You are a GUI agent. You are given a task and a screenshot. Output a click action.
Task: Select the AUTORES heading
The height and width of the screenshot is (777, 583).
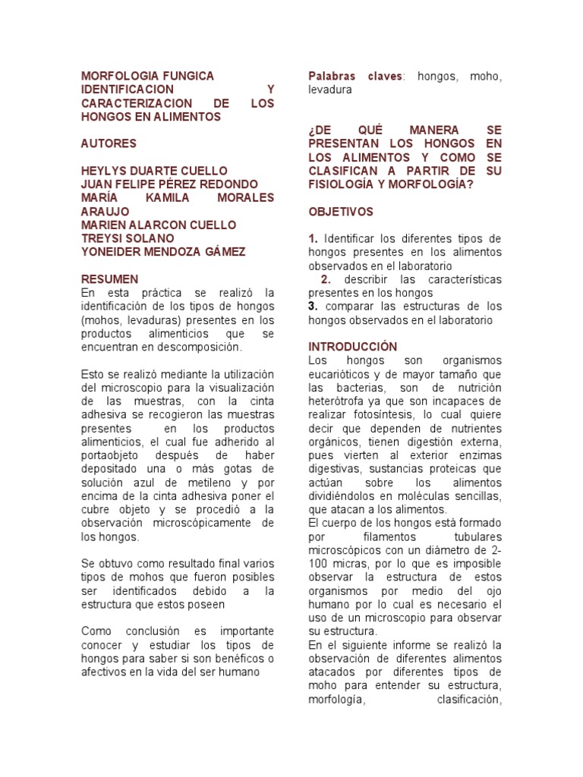click(x=109, y=143)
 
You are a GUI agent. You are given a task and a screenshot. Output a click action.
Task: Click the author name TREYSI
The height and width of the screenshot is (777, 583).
click(x=102, y=239)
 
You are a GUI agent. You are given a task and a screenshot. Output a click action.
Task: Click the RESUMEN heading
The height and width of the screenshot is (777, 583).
click(x=109, y=279)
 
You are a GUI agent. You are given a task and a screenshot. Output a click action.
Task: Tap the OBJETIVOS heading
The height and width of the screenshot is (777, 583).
click(x=340, y=212)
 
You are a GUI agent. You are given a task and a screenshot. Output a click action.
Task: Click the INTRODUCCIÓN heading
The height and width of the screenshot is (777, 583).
click(x=352, y=346)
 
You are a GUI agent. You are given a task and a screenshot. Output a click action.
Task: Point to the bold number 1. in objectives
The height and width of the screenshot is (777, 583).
click(x=313, y=239)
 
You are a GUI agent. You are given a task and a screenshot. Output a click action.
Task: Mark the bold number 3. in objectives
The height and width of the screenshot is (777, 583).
click(x=313, y=306)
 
